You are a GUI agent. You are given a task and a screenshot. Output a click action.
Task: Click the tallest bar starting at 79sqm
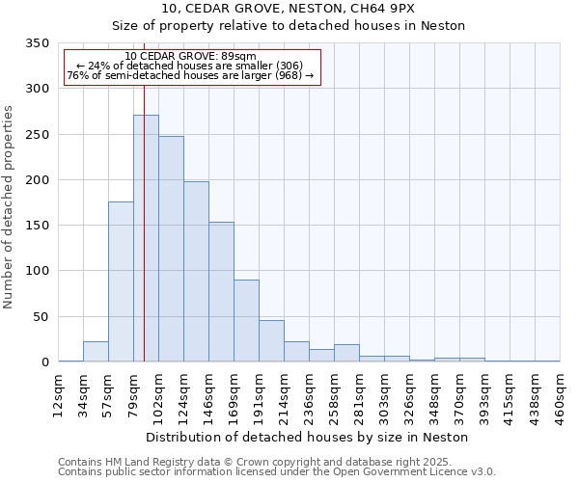click(x=146, y=239)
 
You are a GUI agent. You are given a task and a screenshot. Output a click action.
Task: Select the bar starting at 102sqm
click(x=171, y=250)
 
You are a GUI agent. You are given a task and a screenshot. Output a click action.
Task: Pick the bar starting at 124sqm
click(x=196, y=272)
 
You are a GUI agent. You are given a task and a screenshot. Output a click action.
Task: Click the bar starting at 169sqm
click(x=246, y=321)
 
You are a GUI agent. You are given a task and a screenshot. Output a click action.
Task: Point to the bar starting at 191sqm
click(x=271, y=341)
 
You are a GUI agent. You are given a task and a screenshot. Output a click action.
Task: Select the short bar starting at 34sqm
click(x=96, y=352)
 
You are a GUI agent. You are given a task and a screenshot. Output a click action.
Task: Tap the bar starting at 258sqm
click(x=346, y=354)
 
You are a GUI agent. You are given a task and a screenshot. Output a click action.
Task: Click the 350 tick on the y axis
click(x=38, y=43)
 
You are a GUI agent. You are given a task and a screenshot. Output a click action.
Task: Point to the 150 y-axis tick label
click(x=38, y=226)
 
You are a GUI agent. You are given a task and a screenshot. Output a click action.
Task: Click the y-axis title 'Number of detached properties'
click(x=10, y=207)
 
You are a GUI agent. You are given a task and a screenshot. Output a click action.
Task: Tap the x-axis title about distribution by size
click(x=309, y=437)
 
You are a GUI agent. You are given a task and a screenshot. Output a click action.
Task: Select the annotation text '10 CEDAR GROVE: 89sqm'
click(x=191, y=56)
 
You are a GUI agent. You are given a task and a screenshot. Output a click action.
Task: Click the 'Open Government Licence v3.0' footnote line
click(x=277, y=472)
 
